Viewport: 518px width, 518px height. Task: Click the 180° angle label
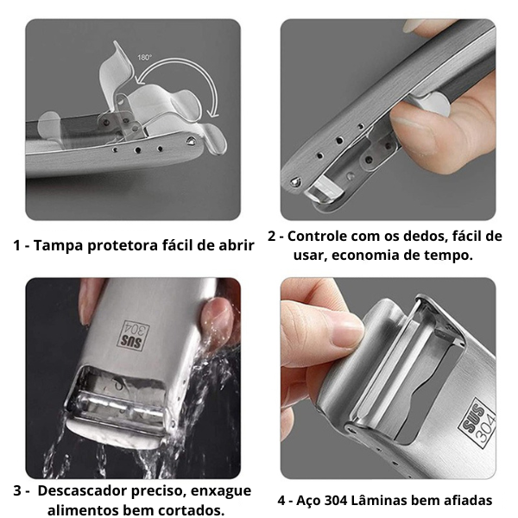coord(144,57)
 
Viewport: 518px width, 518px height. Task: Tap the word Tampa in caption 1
coord(59,245)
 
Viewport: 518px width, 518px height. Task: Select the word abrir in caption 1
coord(235,245)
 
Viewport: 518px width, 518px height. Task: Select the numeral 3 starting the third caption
coord(17,491)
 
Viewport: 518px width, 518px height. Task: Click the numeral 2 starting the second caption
coord(273,236)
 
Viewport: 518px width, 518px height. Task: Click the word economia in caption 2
coord(367,256)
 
